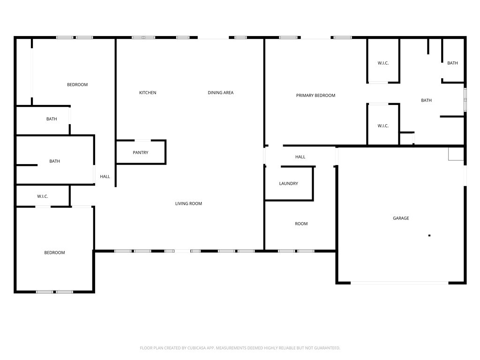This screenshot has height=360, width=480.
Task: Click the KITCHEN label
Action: pos(148,93)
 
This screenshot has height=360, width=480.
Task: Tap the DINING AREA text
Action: pos(220,93)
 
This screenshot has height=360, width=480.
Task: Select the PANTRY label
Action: pos(140,153)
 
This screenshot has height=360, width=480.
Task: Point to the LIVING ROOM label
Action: pos(188,204)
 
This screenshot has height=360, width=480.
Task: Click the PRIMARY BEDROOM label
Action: pos(315,96)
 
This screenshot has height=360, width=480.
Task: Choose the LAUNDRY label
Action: pos(288,184)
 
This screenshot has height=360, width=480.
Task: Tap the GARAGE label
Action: pos(401,218)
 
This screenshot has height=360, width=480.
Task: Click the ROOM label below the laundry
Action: pos(301,224)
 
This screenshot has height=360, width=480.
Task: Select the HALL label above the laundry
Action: pos(300,157)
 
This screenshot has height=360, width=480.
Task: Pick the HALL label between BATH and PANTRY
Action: pos(105,177)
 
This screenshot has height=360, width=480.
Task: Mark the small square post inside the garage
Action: pos(429,235)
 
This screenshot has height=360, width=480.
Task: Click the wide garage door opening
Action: pos(399,283)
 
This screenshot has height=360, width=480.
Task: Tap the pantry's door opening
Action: pos(142,140)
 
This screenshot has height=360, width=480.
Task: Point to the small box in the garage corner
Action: pos(456,154)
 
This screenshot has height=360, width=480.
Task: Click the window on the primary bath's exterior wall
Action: pos(465,100)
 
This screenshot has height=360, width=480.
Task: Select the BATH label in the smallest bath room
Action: pos(452,63)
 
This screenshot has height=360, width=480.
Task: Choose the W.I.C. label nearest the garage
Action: pos(383,126)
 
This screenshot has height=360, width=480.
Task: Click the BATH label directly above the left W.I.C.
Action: pos(54,161)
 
